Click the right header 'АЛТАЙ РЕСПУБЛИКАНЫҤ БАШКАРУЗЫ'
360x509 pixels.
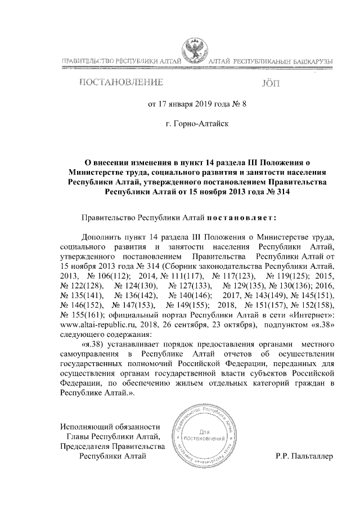pyautogui.click(x=272, y=61)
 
